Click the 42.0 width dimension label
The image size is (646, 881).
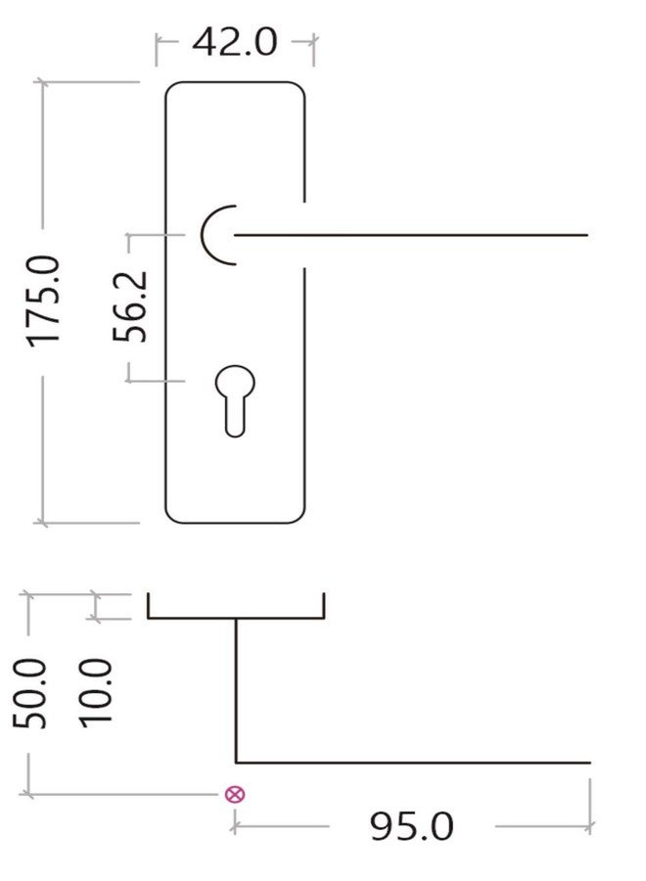[x=235, y=42]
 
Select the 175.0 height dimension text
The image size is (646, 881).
[x=44, y=301]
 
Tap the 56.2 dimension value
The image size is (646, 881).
[x=130, y=306]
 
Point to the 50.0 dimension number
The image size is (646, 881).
[x=29, y=694]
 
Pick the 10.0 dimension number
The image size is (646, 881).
[x=96, y=694]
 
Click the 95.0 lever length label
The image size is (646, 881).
[x=411, y=826]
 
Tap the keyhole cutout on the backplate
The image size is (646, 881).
[x=235, y=401]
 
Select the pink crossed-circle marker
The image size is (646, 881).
[x=235, y=795]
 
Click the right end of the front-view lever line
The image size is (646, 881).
[x=587, y=235]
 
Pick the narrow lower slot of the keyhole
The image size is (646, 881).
[x=235, y=419]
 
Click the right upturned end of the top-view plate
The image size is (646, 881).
[x=324, y=605]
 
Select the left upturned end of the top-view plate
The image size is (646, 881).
[x=149, y=605]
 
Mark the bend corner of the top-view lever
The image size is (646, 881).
[x=236, y=763]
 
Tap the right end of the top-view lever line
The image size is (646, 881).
[x=590, y=763]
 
